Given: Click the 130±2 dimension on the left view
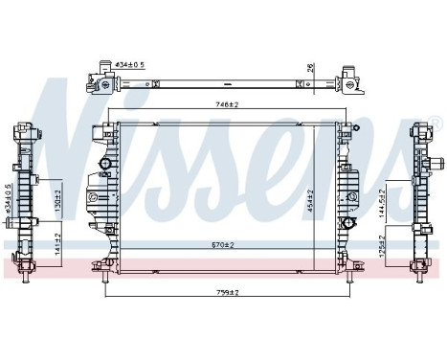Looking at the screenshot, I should coord(56,198).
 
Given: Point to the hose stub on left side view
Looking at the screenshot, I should coord(17,223).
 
